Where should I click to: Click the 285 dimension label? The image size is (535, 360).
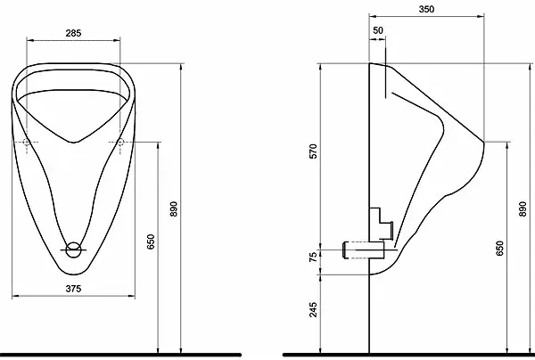[73, 33]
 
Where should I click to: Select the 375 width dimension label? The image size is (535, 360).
[73, 289]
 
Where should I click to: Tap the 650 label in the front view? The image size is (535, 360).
[151, 241]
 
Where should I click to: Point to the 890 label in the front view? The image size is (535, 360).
[174, 209]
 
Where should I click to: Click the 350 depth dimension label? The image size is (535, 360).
[426, 9]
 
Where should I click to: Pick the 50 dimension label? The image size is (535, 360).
[378, 30]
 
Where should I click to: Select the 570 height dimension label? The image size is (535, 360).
[313, 151]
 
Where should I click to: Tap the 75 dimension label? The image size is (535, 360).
[313, 257]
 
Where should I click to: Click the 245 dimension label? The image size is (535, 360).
[313, 309]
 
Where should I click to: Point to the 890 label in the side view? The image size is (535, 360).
[523, 209]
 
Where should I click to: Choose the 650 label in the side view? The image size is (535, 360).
[499, 249]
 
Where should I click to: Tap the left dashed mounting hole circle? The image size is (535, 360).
[26, 142]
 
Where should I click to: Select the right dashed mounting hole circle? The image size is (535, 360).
[120, 142]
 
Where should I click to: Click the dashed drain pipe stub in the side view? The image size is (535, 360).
[356, 250]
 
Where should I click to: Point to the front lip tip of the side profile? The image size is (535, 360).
[484, 141]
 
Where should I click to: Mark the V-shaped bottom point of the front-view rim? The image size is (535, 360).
[74, 142]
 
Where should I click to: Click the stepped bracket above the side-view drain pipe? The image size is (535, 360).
[382, 224]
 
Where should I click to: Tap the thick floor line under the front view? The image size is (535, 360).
[120, 356]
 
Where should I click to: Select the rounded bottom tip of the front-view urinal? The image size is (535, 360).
[73, 274]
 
